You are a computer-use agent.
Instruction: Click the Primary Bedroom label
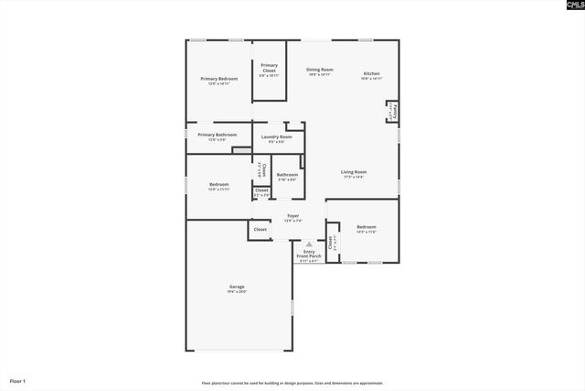coord(219,80)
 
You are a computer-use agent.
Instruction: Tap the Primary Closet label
coord(269,68)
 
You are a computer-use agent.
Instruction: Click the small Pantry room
coord(391,112)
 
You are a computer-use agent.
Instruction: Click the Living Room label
coord(354,173)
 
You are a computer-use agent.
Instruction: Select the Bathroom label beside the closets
coord(287,175)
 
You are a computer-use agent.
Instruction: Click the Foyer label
coord(292,217)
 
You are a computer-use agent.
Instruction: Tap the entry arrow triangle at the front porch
coord(309,244)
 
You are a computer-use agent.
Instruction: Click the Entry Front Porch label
coord(309,255)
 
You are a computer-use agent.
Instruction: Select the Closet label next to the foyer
coord(261,229)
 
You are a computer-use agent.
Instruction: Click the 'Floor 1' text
coord(18,380)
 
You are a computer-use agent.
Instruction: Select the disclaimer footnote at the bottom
coord(292,383)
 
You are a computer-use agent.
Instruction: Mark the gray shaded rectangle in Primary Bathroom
coord(241,149)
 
